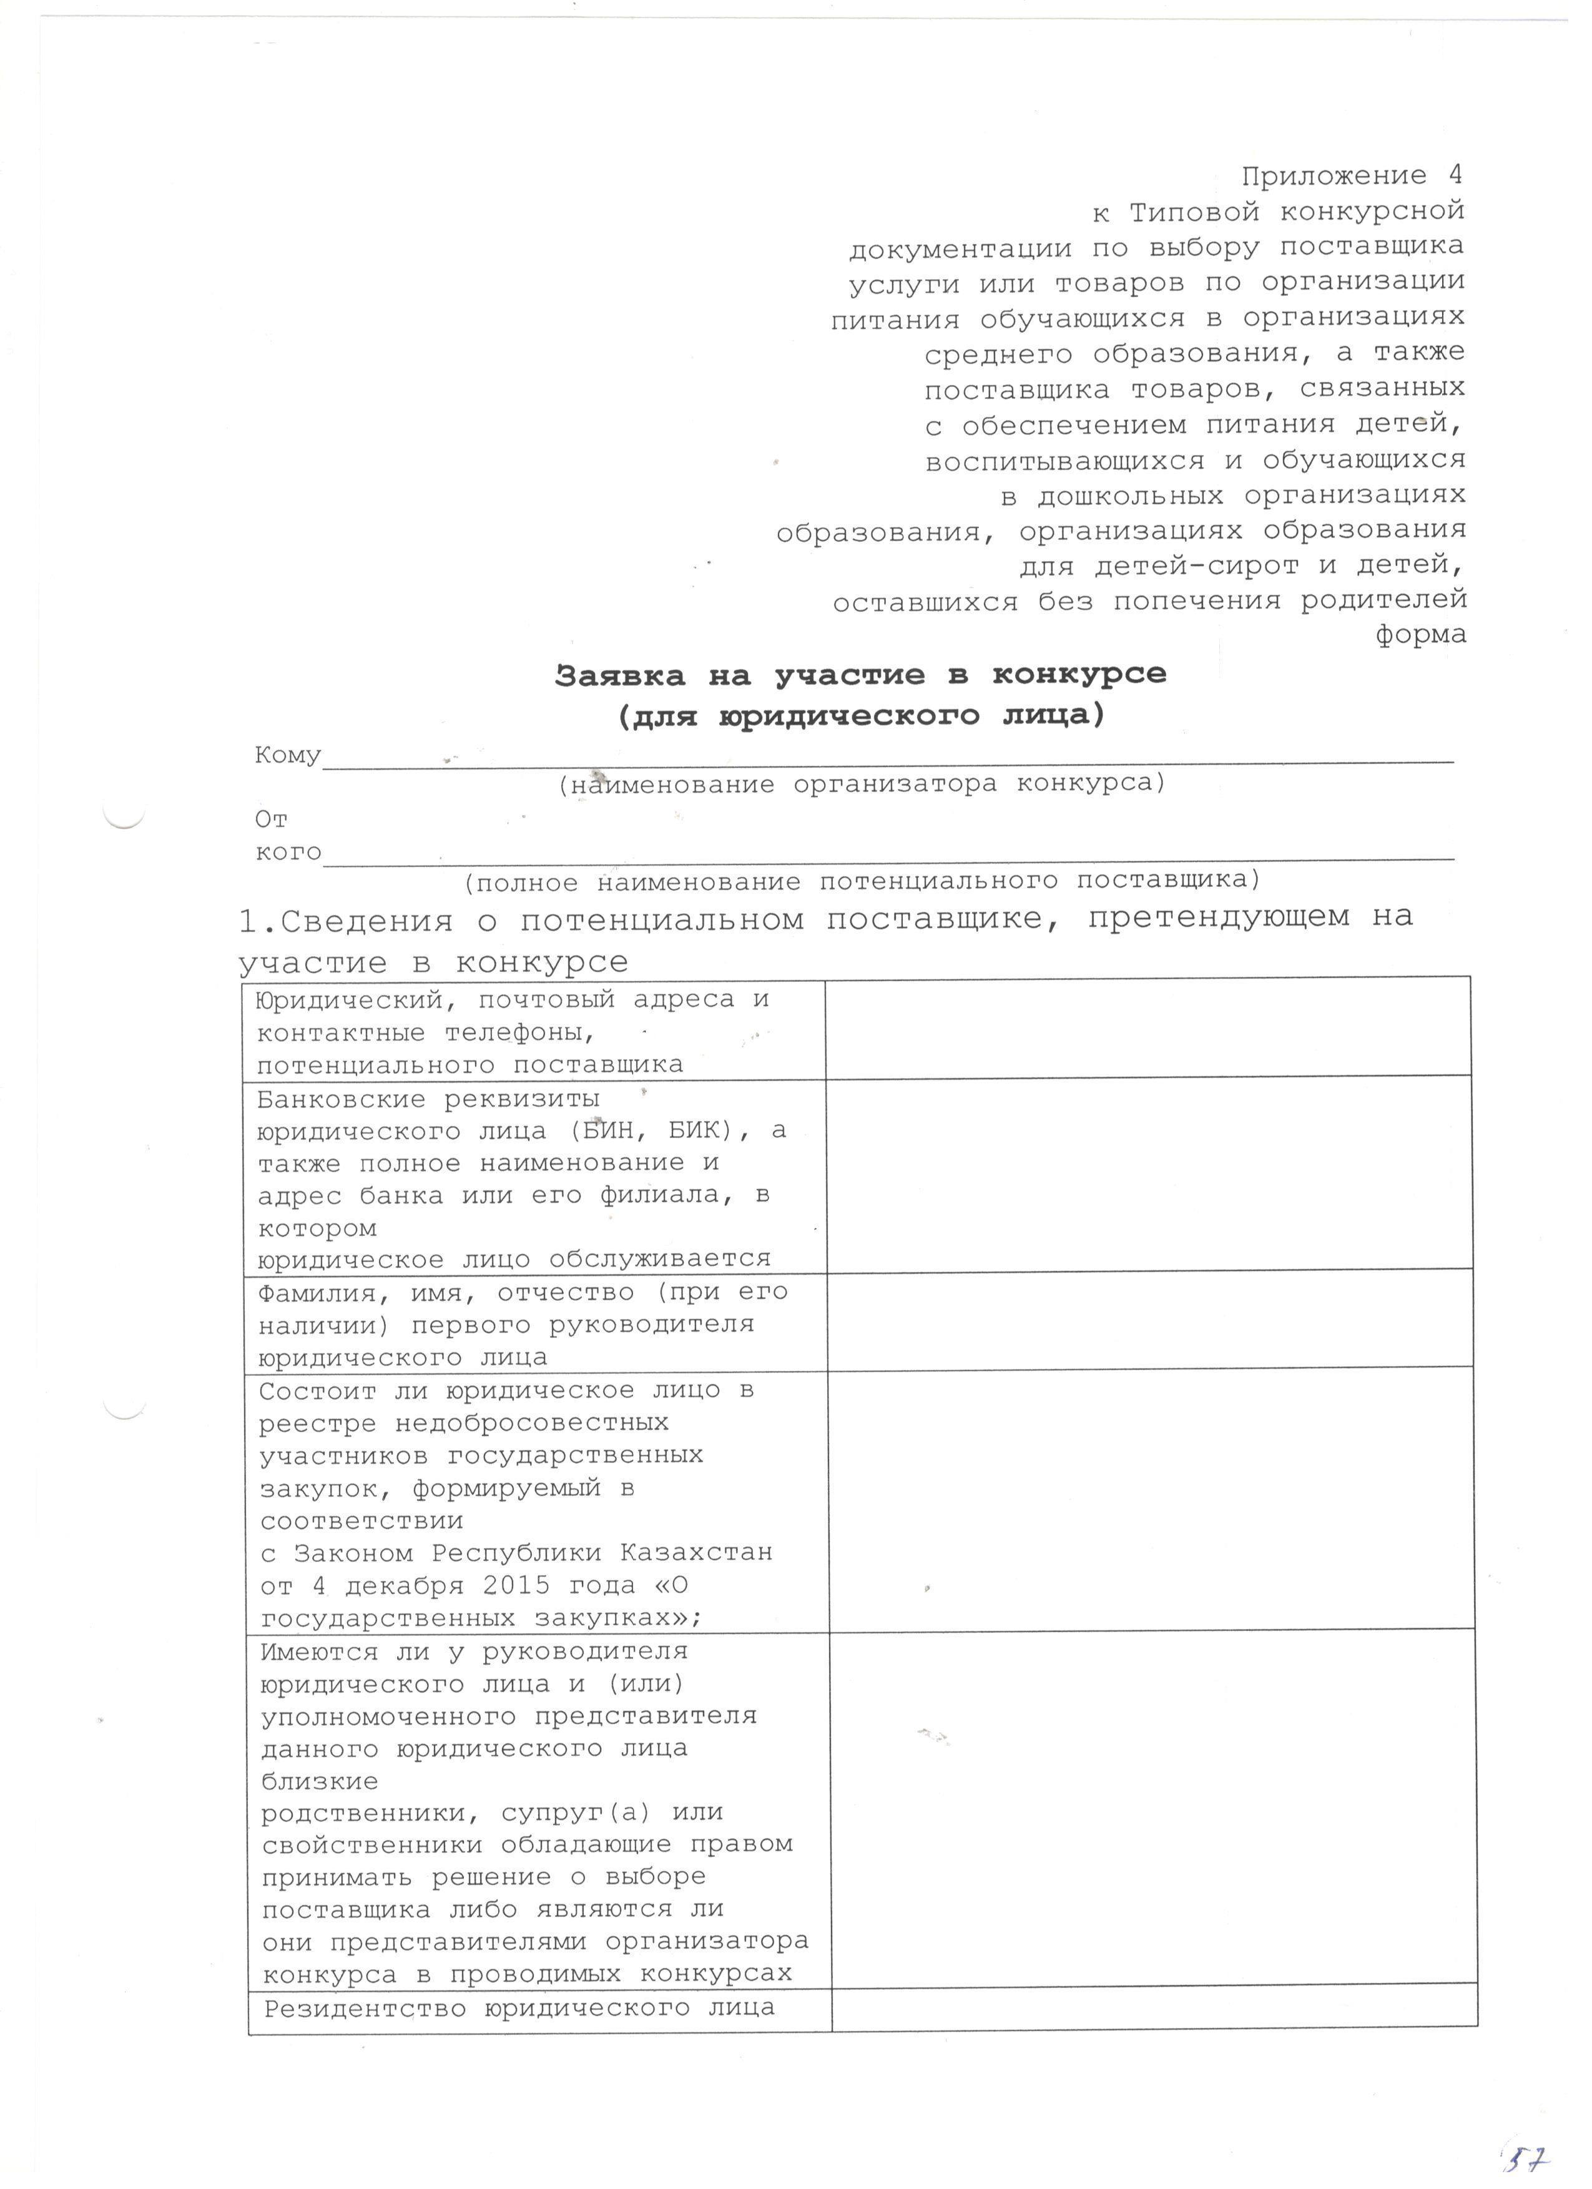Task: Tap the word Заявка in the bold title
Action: [619, 675]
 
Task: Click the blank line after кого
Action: [888, 853]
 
